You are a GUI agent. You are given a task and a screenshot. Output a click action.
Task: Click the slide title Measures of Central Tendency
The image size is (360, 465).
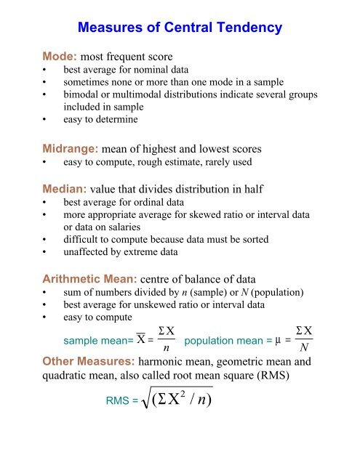pos(180,30)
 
